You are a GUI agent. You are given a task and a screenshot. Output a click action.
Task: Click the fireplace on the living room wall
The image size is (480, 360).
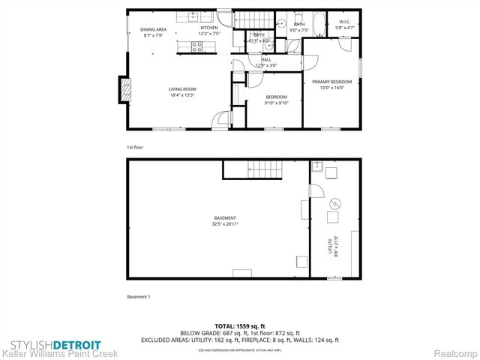coord(124,90)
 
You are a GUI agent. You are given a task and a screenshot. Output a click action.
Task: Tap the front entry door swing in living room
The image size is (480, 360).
coord(221,120)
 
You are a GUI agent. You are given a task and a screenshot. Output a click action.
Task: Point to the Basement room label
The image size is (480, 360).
coord(225,218)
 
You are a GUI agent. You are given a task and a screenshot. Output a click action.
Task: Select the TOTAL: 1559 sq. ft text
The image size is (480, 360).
coord(239,326)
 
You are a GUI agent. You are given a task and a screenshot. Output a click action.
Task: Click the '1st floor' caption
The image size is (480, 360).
coord(135,147)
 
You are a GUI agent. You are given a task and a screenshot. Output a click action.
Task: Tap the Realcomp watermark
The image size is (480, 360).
coord(453,353)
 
